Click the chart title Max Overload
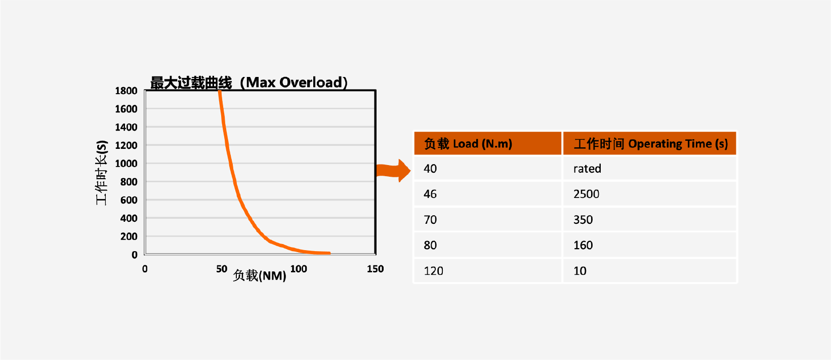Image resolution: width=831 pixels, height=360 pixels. click(248, 83)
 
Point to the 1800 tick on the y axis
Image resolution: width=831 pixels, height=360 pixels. click(126, 91)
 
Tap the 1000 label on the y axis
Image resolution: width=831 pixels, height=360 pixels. click(126, 164)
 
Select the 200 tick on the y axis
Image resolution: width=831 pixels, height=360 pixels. click(129, 236)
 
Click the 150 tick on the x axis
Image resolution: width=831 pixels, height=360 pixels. click(375, 269)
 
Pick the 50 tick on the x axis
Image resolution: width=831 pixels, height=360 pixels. click(222, 269)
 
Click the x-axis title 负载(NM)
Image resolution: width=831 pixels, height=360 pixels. click(260, 275)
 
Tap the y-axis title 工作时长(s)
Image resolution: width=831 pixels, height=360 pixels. click(102, 173)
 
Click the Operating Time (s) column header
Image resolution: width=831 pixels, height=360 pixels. click(650, 144)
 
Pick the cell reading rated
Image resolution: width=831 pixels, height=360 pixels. click(587, 169)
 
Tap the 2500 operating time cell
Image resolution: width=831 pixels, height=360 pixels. click(586, 194)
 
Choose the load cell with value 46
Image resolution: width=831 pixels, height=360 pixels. click(430, 194)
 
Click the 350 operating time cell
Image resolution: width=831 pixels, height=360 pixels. click(583, 220)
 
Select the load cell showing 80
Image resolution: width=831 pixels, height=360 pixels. click(430, 245)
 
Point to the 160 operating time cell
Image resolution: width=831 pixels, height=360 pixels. click(583, 245)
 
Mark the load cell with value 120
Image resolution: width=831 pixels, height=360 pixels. click(433, 271)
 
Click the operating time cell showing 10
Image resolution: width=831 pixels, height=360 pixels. click(580, 271)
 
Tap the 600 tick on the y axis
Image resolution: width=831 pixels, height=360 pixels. click(129, 200)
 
